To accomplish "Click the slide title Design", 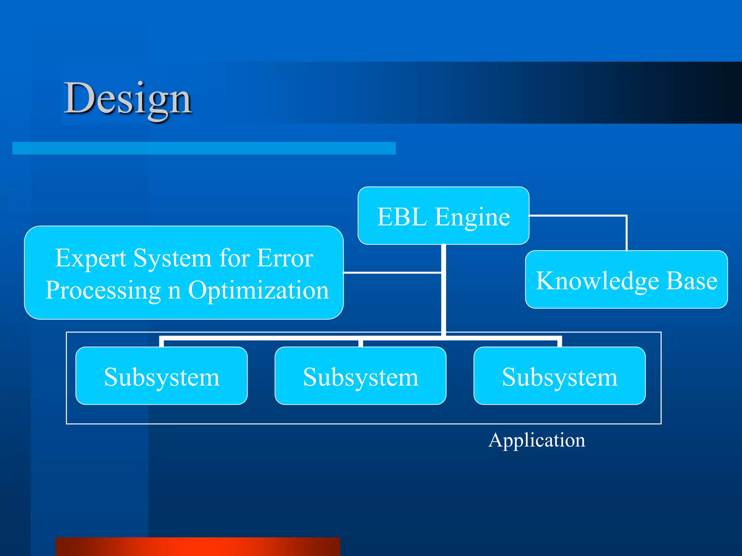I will click(x=128, y=98).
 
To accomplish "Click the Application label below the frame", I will click(x=537, y=440).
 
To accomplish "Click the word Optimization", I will click(x=258, y=290).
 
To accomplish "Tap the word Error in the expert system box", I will click(x=285, y=258).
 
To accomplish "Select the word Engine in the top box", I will click(x=472, y=217).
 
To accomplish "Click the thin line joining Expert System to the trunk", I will click(x=391, y=273).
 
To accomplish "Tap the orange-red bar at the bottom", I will click(x=198, y=547).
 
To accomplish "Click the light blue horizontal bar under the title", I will click(x=204, y=148).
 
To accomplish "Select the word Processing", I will click(x=103, y=290).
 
